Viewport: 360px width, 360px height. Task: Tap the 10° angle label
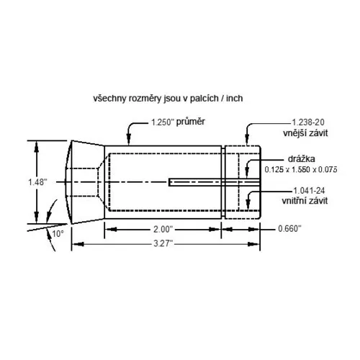coord(58,233)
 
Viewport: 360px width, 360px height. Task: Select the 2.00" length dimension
coord(162,229)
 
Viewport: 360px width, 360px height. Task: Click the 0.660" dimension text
coord(289,229)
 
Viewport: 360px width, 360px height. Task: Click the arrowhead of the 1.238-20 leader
coord(247,143)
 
